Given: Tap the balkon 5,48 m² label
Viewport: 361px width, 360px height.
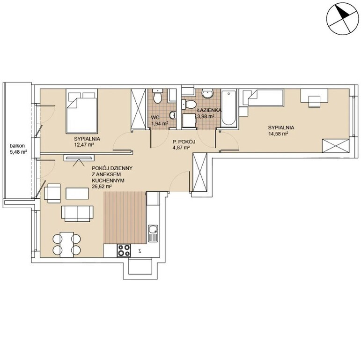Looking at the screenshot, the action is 17,149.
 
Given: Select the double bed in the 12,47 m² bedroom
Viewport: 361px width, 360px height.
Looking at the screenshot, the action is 81,111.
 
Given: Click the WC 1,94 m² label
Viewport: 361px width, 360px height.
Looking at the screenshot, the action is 159,120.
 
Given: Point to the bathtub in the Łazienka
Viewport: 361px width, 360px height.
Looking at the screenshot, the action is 228,108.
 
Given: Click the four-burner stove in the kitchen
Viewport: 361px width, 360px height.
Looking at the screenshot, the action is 124,250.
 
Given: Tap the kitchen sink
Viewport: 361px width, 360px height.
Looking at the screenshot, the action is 153,233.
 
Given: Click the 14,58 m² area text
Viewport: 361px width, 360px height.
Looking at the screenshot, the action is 279,134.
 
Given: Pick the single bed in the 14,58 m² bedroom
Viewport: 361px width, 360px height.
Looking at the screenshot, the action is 261,98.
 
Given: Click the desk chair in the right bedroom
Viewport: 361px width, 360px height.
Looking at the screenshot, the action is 314,102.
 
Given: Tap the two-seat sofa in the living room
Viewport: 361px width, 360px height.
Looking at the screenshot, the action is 77,214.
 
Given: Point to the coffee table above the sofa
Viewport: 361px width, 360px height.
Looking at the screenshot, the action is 77,194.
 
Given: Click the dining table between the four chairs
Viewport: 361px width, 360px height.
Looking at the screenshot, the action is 67,245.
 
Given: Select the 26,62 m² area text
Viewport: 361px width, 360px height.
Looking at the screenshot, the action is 102,187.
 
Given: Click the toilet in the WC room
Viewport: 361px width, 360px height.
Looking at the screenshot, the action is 158,97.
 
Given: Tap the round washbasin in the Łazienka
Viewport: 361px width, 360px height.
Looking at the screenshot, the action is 208,93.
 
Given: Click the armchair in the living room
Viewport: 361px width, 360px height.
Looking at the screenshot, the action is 52,193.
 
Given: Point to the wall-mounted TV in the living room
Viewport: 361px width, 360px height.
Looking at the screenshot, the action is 79,157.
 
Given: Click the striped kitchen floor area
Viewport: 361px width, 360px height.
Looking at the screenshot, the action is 125,217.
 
